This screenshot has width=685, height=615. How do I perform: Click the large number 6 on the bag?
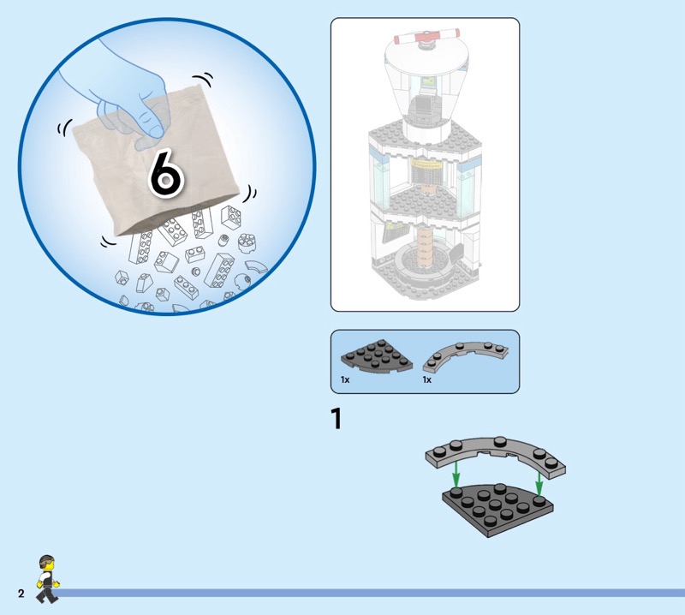[166, 173]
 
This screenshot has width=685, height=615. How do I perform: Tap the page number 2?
[21, 593]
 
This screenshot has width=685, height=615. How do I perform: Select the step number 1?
[336, 418]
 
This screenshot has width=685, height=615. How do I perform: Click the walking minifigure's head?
[47, 564]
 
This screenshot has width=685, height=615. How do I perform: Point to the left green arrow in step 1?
[456, 474]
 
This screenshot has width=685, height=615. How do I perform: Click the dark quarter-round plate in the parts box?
[376, 355]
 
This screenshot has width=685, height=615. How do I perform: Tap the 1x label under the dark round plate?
[345, 379]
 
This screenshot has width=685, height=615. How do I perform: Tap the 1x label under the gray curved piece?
[426, 379]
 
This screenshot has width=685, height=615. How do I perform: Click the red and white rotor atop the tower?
[426, 36]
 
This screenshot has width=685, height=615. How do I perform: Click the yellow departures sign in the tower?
[426, 164]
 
